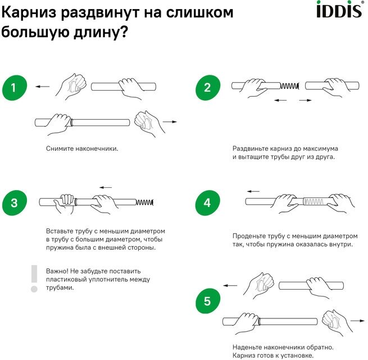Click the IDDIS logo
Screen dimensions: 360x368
click(335, 10)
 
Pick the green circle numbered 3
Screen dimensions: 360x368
click(15, 203)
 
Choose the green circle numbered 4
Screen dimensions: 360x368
click(207, 203)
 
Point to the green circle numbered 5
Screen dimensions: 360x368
click(207, 301)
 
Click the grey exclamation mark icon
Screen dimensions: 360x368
click(34, 278)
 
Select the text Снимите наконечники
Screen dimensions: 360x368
click(82, 148)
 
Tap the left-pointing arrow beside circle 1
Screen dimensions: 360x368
click(42, 87)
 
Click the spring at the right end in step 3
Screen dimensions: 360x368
click(146, 202)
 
